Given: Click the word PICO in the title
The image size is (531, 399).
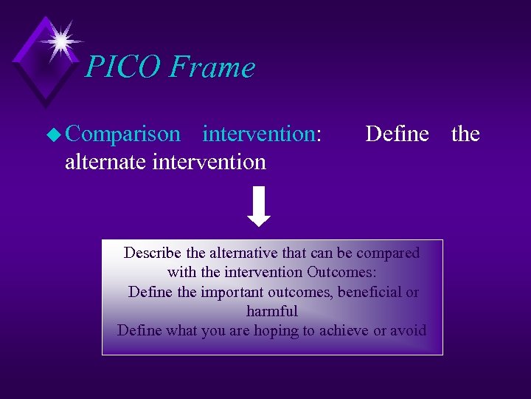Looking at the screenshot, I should click(x=122, y=67).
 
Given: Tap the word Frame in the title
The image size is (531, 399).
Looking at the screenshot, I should click(x=211, y=67).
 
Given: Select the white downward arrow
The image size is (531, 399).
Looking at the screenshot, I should click(x=259, y=208).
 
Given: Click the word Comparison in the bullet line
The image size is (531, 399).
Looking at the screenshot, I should click(x=122, y=134).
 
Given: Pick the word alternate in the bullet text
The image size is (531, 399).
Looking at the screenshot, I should click(x=105, y=161).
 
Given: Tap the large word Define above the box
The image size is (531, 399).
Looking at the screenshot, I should click(x=397, y=134).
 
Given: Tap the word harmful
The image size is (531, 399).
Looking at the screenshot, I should click(x=272, y=310).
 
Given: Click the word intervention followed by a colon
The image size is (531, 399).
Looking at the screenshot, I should click(x=262, y=134).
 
